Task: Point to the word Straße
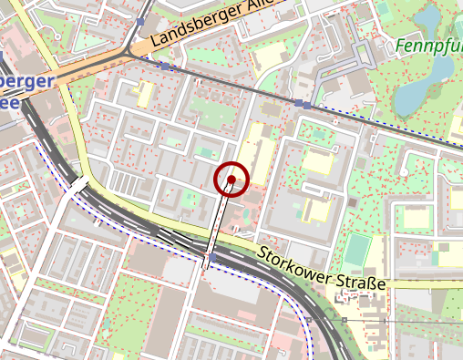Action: [x=361, y=281]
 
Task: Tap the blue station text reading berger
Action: [x=27, y=80]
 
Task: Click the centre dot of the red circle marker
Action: [x=232, y=180]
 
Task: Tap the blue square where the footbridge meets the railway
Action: [x=211, y=259]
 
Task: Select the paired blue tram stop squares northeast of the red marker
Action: [x=303, y=104]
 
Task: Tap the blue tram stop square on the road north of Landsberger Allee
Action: [x=139, y=21]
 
